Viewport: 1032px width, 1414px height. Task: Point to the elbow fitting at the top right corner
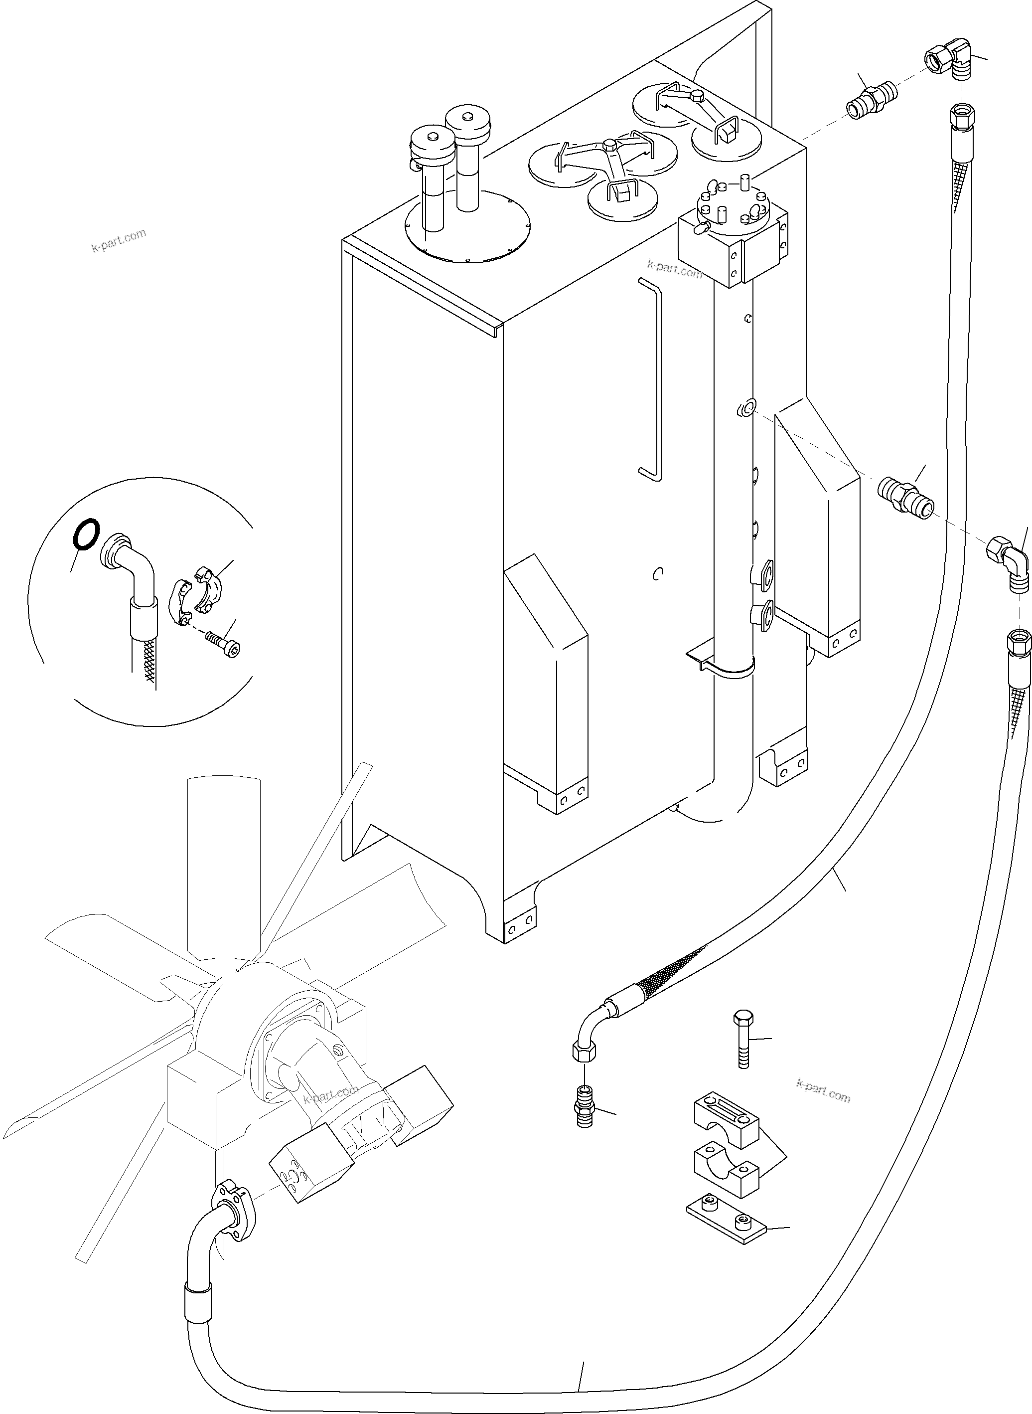click(x=948, y=64)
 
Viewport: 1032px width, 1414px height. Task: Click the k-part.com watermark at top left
click(x=119, y=239)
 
